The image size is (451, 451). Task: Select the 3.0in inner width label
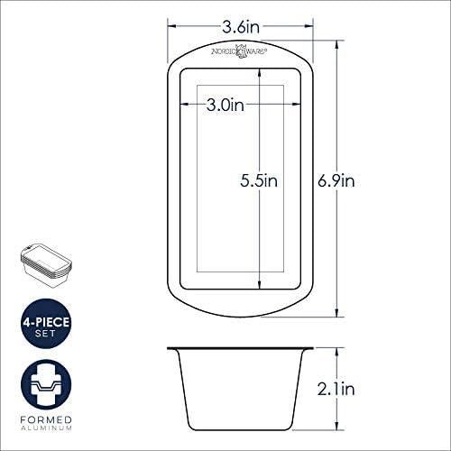point(225,106)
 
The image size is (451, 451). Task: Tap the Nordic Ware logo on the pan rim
point(239,51)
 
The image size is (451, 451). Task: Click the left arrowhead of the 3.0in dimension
point(196,106)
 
